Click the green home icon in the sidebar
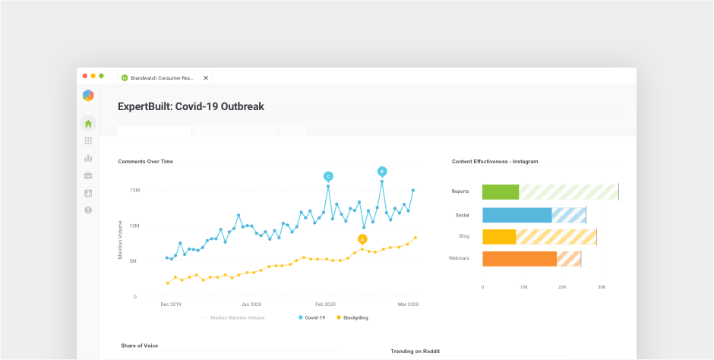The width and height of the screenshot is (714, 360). pos(88,124)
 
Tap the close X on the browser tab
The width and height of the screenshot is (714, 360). pos(206,77)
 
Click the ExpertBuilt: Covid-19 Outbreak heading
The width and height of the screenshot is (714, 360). pos(191,107)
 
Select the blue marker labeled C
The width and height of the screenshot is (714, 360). pos(328,175)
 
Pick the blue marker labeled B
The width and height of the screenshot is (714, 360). pos(382,171)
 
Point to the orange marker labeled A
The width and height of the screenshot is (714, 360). pos(362,238)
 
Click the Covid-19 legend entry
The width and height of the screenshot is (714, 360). pos(312,317)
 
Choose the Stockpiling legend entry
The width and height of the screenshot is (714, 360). pos(352,317)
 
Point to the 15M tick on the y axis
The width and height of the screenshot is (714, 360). pos(134,190)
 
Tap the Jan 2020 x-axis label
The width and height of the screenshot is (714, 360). pos(251,304)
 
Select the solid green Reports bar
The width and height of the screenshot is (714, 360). pos(501,191)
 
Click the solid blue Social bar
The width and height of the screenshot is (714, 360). pos(517,215)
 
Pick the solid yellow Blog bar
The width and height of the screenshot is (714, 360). pos(499,236)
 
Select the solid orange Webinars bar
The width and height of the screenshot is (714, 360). pos(520,258)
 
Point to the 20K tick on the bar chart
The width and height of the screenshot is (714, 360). pos(562,287)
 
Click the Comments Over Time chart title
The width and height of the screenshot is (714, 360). pos(145,162)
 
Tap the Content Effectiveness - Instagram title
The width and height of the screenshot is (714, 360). pos(494,162)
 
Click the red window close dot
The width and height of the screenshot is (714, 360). pos(85,76)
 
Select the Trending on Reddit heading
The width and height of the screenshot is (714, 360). pos(415,352)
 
